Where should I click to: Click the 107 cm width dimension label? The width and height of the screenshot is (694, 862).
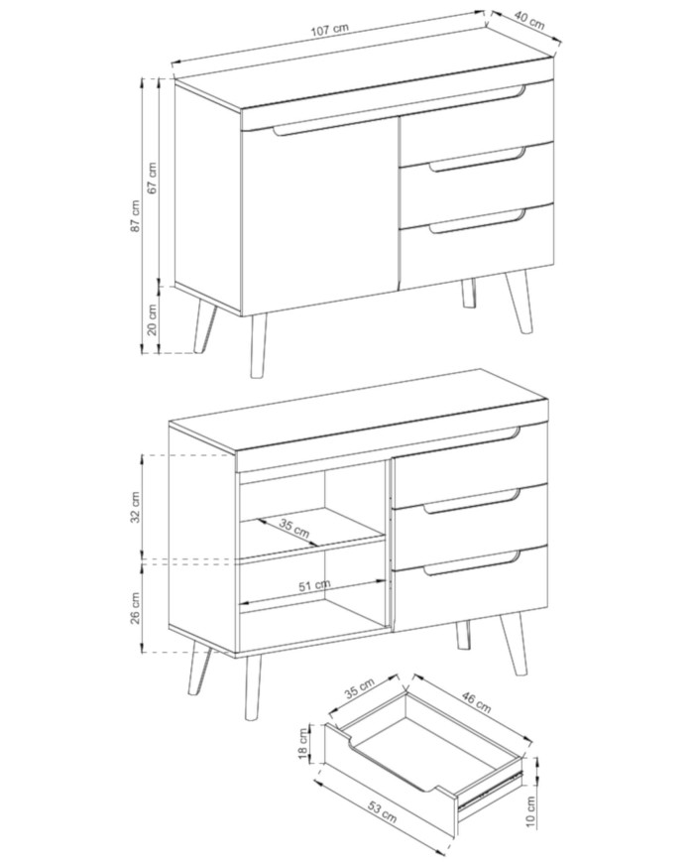click(330, 29)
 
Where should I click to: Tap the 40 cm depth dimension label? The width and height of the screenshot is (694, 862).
click(529, 21)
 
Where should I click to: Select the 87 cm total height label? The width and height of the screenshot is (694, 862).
click(135, 215)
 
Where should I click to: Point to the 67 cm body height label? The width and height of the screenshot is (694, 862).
click(153, 177)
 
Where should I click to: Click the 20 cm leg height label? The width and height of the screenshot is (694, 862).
click(153, 318)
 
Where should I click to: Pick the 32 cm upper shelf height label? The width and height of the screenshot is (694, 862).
click(135, 506)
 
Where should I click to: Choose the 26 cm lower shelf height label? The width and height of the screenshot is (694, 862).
click(135, 608)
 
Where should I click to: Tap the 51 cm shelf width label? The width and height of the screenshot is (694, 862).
click(314, 585)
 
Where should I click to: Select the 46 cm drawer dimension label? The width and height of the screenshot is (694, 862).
click(475, 702)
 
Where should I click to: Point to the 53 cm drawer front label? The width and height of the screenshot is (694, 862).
click(382, 812)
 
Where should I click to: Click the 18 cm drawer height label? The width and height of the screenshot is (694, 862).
click(302, 744)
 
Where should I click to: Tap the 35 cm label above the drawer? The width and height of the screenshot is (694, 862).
click(359, 688)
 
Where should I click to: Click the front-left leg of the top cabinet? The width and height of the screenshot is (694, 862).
click(258, 346)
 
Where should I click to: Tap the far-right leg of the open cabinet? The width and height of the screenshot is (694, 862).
click(515, 642)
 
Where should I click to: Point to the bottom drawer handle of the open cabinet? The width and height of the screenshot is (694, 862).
click(471, 564)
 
